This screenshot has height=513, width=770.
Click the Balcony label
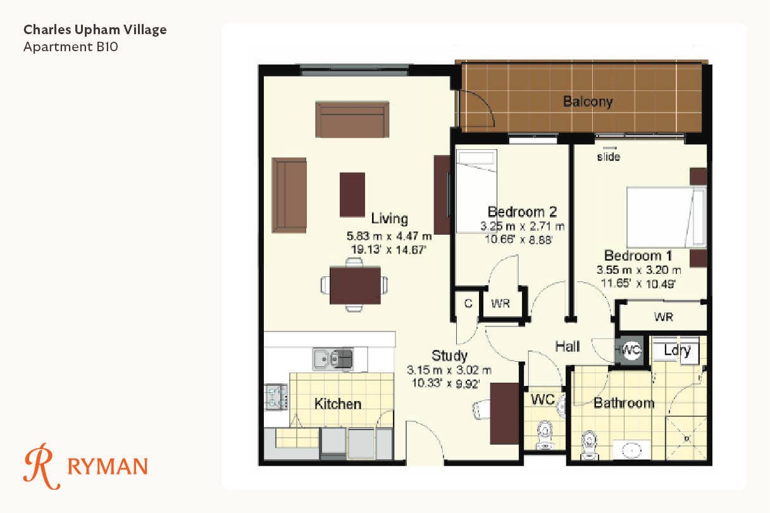[588, 101]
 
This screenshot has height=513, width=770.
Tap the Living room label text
[390, 218]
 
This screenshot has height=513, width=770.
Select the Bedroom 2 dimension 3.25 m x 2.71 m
[522, 226]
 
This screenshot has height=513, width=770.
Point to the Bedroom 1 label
[638, 256]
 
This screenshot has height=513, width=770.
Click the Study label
[449, 355]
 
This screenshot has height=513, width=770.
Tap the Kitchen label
[338, 404]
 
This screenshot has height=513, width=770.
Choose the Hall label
[568, 347]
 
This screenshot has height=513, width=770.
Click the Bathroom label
[624, 403]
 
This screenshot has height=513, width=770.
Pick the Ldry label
[677, 350]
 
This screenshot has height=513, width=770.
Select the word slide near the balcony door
[609, 157]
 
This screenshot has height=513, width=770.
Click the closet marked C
[468, 304]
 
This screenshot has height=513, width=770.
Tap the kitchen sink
[333, 359]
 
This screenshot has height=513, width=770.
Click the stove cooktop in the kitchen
[276, 397]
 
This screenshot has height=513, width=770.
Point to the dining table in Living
[355, 285]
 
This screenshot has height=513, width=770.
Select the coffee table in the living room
[352, 194]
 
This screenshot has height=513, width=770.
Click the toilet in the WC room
[545, 435]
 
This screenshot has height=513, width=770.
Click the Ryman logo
[85, 466]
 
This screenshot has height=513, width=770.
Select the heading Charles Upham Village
[95, 30]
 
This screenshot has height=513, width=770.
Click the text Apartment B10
[70, 47]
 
